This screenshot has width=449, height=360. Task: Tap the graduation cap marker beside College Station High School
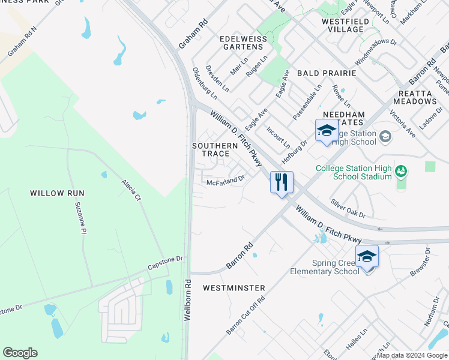click(x=327, y=130)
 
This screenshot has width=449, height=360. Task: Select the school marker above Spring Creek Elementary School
click(x=367, y=256)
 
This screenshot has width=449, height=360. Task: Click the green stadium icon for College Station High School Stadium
click(x=400, y=173)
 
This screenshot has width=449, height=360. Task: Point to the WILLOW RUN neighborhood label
click(x=58, y=193)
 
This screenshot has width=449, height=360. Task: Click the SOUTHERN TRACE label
click(x=215, y=149)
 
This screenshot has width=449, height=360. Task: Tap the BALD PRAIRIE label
click(x=324, y=73)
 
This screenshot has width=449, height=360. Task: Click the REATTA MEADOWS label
click(x=424, y=97)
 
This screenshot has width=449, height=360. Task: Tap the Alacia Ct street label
click(x=130, y=190)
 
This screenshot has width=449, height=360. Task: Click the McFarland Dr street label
click(x=226, y=179)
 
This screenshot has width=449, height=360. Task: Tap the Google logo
click(x=20, y=353)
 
